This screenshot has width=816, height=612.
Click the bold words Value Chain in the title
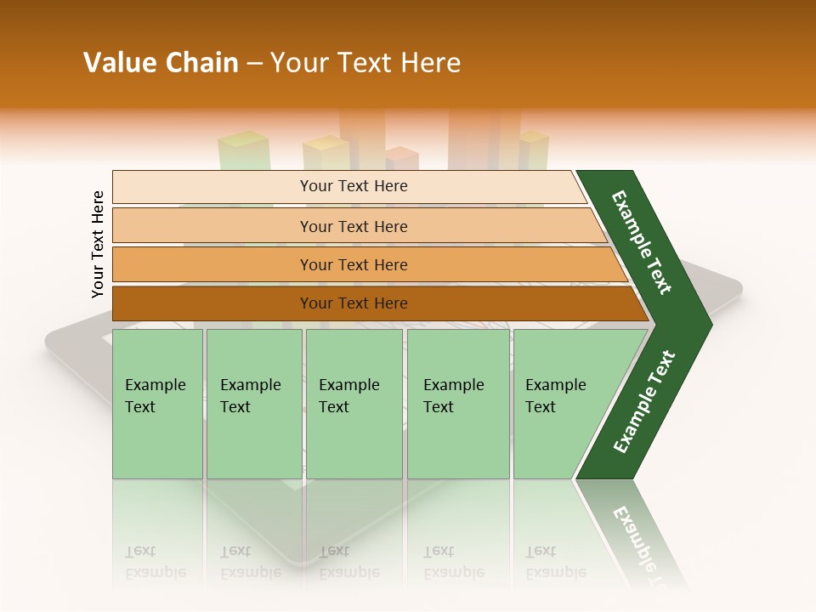point(161,63)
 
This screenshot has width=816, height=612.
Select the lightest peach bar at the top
point(353,186)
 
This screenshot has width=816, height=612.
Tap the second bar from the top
point(353,226)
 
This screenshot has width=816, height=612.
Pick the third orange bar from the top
point(353,264)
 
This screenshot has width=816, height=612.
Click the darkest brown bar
point(353,303)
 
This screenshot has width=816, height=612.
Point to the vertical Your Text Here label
point(98,244)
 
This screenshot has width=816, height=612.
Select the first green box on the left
point(157,404)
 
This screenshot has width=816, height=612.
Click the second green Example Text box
point(253,404)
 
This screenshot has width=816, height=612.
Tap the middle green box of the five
point(353,404)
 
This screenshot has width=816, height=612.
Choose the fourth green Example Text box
point(457,404)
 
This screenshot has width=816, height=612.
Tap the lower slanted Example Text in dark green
point(644,401)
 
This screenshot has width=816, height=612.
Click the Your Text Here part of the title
point(365,63)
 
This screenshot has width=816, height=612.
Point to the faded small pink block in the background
point(401,158)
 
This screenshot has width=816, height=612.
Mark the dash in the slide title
point(253,64)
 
